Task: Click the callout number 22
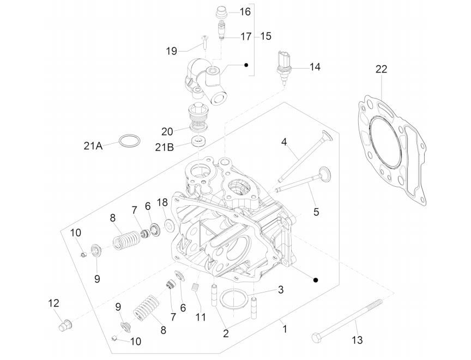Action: tap(381, 69)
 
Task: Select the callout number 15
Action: tap(265, 36)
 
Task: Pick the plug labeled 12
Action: tap(65, 325)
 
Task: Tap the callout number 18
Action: tap(162, 202)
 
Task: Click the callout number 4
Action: tap(284, 142)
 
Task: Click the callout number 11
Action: tap(201, 316)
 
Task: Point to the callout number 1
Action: tap(283, 328)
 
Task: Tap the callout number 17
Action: tap(245, 36)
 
